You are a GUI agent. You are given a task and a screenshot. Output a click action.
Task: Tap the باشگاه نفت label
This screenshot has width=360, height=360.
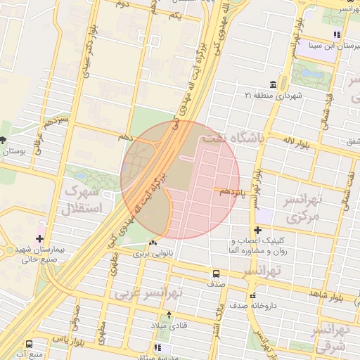[232, 139]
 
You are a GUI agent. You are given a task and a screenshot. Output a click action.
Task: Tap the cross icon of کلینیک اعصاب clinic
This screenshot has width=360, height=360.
[258, 231]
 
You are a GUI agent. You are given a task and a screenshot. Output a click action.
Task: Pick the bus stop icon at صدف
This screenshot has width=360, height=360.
[216, 274]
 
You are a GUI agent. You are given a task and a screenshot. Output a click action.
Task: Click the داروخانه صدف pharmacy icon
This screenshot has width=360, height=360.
[253, 295]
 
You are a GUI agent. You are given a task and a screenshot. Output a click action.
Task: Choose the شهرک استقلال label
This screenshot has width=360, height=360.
[83, 200]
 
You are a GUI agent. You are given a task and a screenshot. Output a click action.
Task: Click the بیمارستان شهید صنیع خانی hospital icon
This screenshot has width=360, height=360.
[39, 240]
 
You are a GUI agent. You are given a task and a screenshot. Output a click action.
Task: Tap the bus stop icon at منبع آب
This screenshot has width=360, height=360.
[29, 345]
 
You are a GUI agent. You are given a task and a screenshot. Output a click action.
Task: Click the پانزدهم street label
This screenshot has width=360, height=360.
[233, 191]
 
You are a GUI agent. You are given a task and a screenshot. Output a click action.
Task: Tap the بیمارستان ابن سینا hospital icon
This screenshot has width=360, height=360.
[337, 34]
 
